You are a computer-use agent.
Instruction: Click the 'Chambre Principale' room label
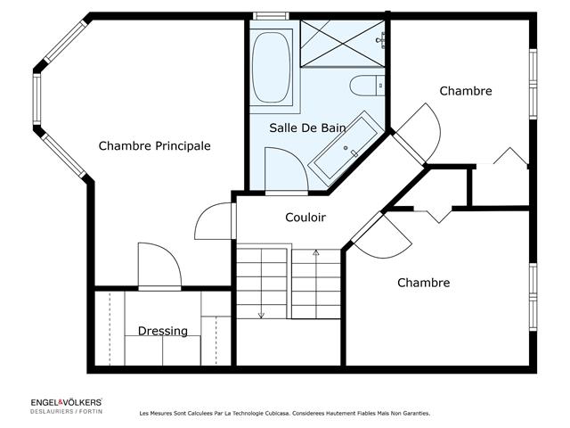(154, 145)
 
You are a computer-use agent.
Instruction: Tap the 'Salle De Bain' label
(307, 128)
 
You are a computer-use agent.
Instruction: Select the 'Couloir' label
(305, 218)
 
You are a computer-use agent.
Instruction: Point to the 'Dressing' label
(163, 331)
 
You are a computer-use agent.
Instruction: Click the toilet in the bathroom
(366, 86)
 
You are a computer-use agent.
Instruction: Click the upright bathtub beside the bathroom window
(272, 67)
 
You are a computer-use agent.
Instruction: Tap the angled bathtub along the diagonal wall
(347, 148)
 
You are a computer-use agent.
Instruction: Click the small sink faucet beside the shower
(381, 39)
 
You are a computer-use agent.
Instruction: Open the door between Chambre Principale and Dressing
(160, 267)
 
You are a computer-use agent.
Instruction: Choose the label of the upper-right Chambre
(466, 91)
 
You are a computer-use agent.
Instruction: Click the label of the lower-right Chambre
(423, 283)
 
